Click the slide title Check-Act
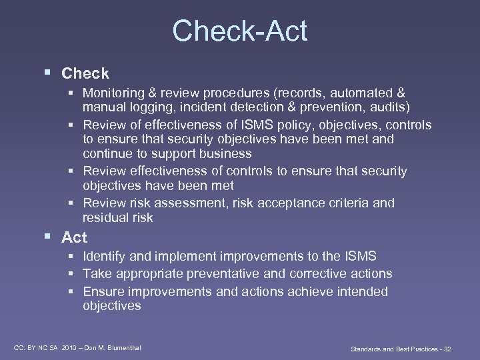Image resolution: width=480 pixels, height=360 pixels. point(239,31)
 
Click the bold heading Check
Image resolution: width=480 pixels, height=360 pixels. point(85,73)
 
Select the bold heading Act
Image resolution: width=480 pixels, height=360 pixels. point(74,237)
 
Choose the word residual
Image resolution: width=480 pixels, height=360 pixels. point(105,218)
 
